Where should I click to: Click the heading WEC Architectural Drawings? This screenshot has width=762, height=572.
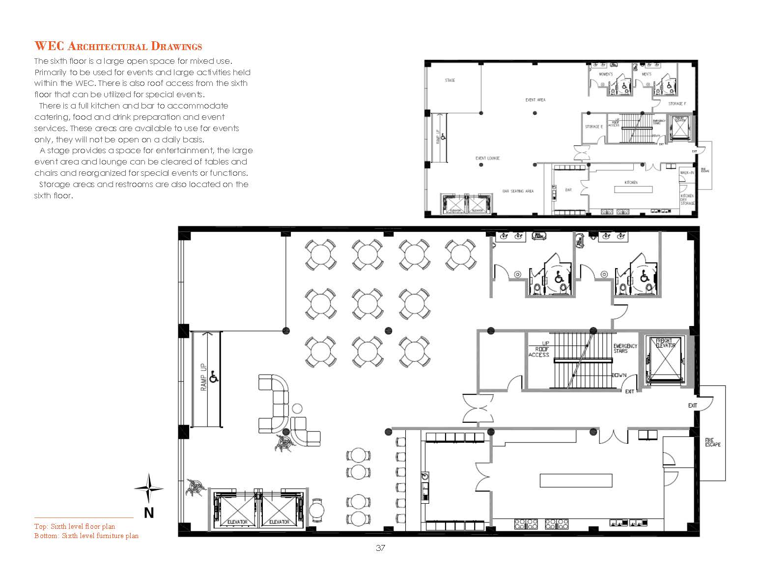pyautogui.click(x=118, y=47)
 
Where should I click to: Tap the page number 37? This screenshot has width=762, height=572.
pyautogui.click(x=380, y=548)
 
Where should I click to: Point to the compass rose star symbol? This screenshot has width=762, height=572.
pyautogui.click(x=149, y=488)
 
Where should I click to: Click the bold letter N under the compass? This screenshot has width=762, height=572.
pyautogui.click(x=149, y=513)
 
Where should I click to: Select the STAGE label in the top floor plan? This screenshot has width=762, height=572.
pyautogui.click(x=450, y=80)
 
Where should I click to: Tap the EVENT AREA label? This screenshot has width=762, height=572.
pyautogui.click(x=535, y=100)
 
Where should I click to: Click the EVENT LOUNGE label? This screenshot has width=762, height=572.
pyautogui.click(x=487, y=158)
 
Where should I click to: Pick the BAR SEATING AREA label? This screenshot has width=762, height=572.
pyautogui.click(x=518, y=191)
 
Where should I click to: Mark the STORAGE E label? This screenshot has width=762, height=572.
pyautogui.click(x=593, y=127)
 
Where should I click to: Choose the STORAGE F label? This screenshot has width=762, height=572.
pyautogui.click(x=677, y=104)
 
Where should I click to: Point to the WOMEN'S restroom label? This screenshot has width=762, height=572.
pyautogui.click(x=605, y=74)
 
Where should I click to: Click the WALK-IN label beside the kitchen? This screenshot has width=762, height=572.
pyautogui.click(x=686, y=173)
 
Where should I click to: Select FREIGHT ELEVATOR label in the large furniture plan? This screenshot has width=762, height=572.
pyautogui.click(x=666, y=343)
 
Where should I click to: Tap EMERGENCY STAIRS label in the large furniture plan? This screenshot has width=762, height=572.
pyautogui.click(x=625, y=348)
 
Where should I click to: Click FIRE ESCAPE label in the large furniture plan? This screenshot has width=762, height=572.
pyautogui.click(x=712, y=442)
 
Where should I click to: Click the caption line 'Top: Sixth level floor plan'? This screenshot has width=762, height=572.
pyautogui.click(x=75, y=526)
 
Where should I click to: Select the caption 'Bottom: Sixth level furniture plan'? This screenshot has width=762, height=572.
pyautogui.click(x=86, y=536)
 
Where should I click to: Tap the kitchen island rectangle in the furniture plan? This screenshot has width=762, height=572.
pyautogui.click(x=576, y=480)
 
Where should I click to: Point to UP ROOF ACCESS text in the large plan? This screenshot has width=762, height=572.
pyautogui.click(x=539, y=349)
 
